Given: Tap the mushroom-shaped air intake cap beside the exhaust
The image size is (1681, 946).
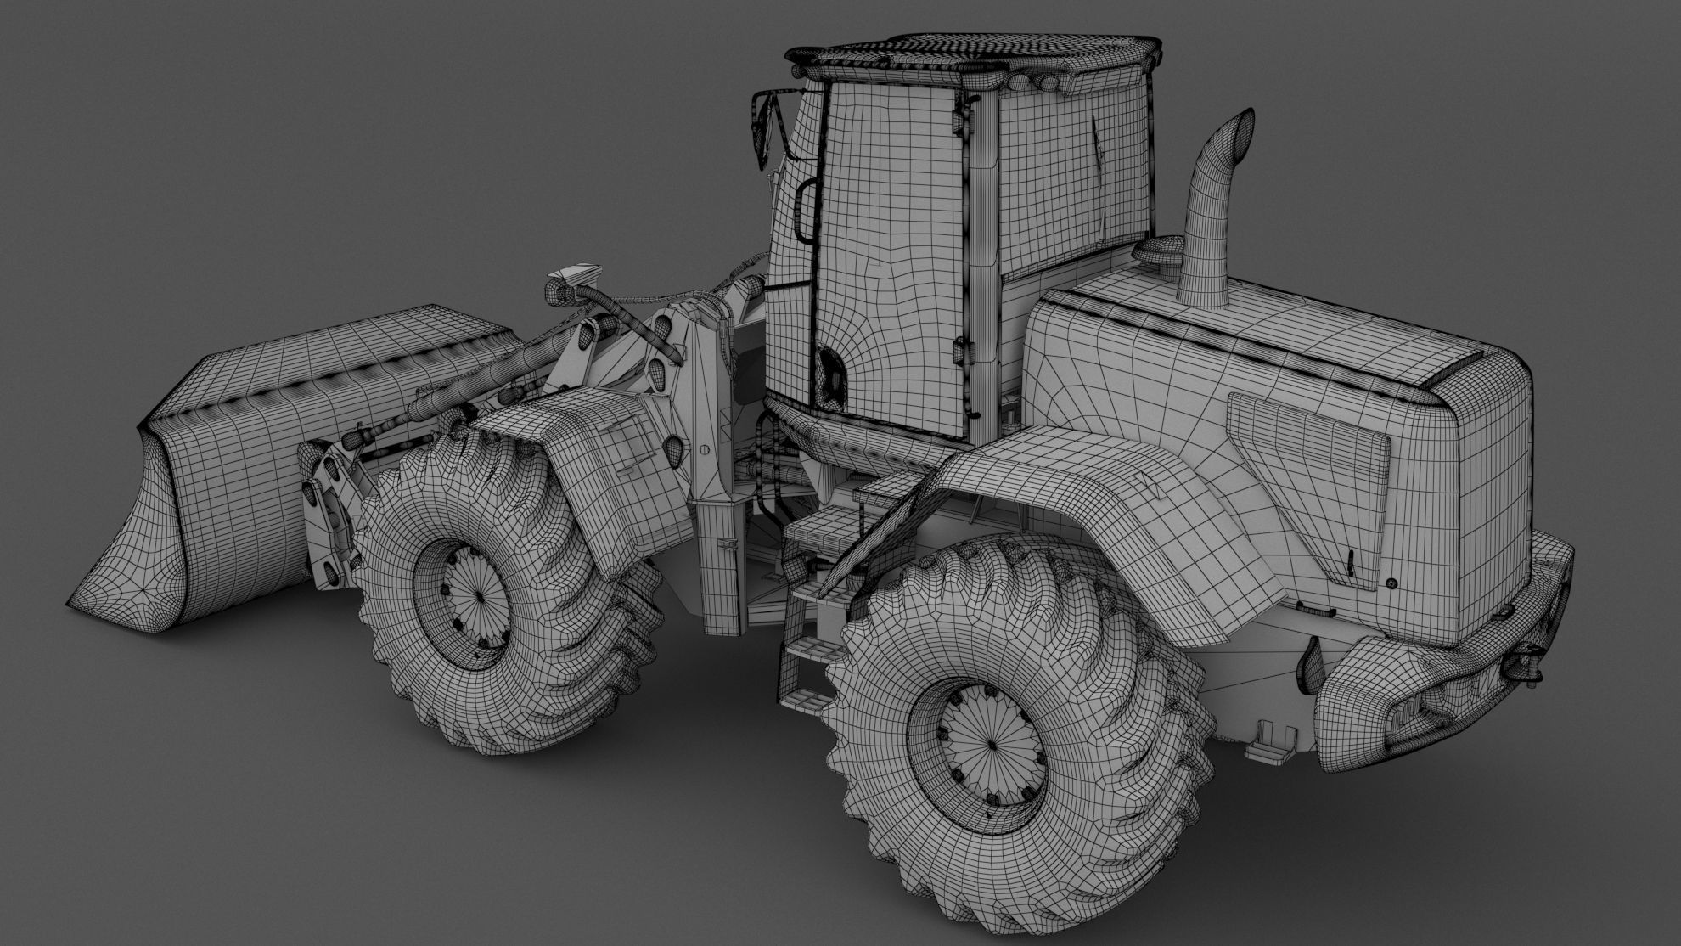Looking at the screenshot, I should [1158, 250].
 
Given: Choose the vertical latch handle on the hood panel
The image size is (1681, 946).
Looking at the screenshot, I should [1351, 564].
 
